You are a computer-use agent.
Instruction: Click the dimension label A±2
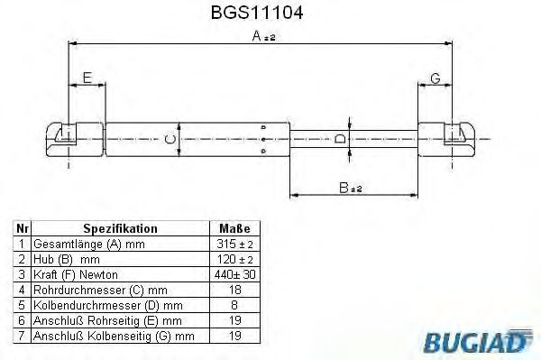263,37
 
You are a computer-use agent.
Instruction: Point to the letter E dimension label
87,79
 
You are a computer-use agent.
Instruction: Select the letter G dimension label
435,79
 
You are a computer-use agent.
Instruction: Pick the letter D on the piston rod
339,138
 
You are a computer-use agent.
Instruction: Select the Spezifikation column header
120,229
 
